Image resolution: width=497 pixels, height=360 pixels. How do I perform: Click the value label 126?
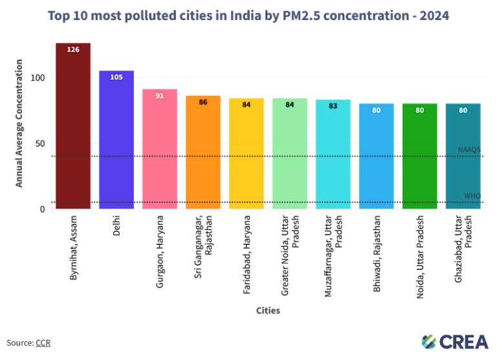(x=73, y=49)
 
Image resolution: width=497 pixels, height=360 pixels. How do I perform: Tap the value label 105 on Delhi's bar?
(x=116, y=77)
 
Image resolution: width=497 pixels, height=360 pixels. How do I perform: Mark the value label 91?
(x=160, y=96)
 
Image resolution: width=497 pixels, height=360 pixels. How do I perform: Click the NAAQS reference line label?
(x=469, y=150)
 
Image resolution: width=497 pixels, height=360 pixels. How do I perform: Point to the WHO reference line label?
(x=472, y=196)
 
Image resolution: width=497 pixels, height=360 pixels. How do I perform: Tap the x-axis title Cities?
(x=267, y=311)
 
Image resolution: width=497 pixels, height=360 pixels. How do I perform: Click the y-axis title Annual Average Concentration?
(x=19, y=123)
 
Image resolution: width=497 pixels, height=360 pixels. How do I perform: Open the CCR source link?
(x=43, y=343)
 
